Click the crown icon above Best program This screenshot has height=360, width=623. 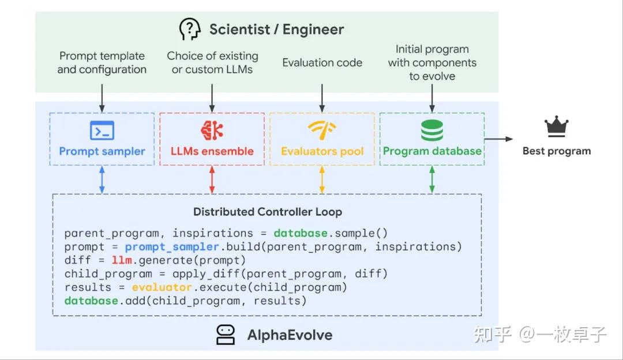click(557, 127)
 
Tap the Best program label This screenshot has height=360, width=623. click(557, 151)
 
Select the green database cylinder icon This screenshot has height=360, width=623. click(432, 130)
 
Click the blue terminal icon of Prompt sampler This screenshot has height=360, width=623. click(102, 130)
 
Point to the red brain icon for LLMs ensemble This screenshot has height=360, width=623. click(212, 130)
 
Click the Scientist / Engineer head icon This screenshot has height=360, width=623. click(190, 29)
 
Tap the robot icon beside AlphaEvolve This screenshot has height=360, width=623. click(226, 335)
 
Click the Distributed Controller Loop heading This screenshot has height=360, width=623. click(268, 212)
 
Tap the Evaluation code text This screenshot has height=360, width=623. click(322, 63)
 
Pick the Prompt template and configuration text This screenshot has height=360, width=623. click(102, 63)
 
